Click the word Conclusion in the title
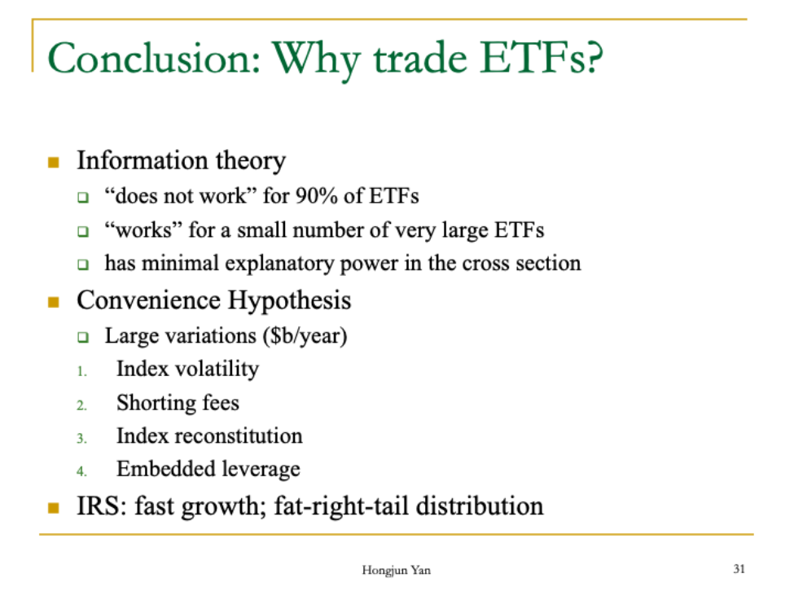point(154,58)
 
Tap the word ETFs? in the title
point(542,58)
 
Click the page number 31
point(739,569)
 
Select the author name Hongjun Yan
point(396,571)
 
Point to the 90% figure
point(316,196)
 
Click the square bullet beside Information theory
point(53,163)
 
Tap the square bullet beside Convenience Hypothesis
point(53,302)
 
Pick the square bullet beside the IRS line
point(53,507)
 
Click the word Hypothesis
point(289,301)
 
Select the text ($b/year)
point(305,336)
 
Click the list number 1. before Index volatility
point(81,372)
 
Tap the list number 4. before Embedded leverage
point(81,472)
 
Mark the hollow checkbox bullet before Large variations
point(83,337)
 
